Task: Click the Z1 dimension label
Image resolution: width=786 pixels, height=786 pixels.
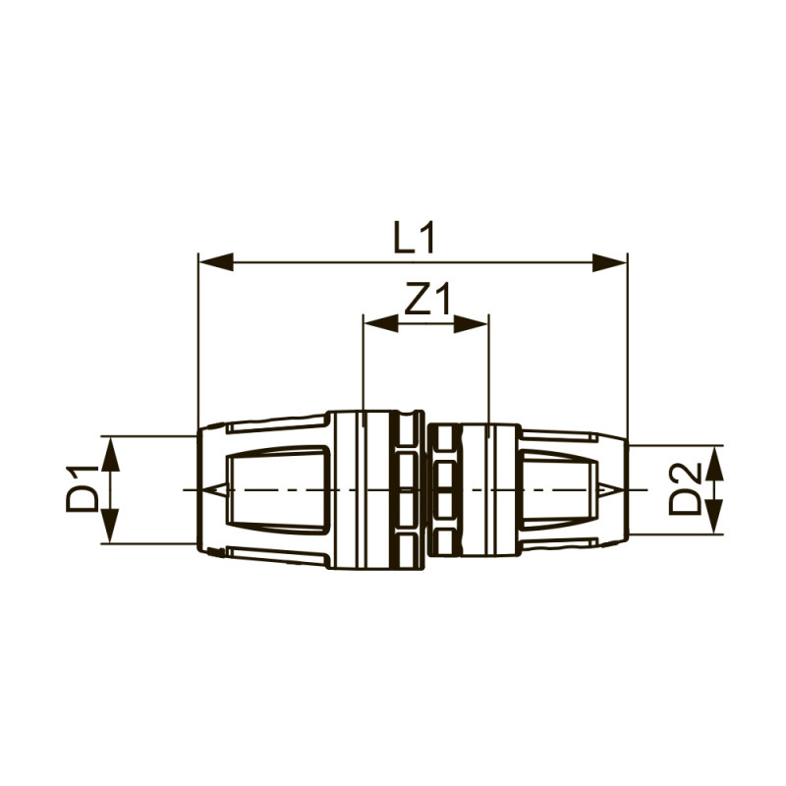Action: point(427,299)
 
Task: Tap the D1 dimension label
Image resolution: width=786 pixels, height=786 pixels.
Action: point(82,489)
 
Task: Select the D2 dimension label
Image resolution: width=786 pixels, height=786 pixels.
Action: point(686,488)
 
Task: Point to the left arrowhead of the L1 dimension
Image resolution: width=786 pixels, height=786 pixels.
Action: point(216,262)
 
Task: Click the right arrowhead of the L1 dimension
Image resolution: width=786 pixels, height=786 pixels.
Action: point(609,262)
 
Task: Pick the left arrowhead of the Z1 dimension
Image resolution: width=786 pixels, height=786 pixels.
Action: point(380,323)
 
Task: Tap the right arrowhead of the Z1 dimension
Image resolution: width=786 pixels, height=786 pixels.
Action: point(471,323)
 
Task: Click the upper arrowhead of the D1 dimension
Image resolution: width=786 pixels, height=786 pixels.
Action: point(111,455)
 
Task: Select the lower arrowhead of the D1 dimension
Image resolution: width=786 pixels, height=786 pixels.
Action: point(111,526)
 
